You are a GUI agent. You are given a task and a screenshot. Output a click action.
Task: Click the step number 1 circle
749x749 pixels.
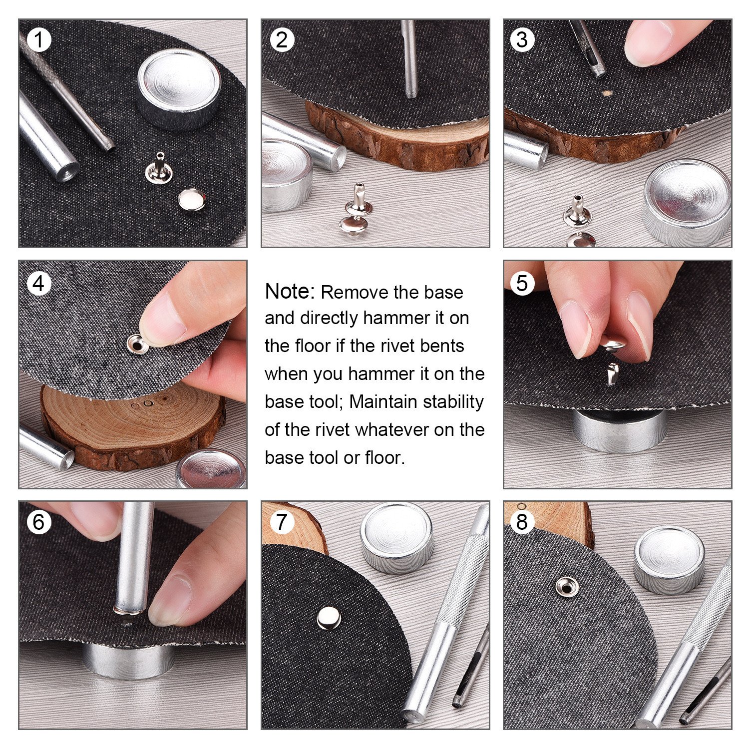pyautogui.click(x=39, y=39)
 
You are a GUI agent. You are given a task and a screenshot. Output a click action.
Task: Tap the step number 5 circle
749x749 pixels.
pyautogui.click(x=522, y=283)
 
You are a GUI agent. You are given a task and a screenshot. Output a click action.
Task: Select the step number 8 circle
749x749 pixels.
pyautogui.click(x=522, y=522)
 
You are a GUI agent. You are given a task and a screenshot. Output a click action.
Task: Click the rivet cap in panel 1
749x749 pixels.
pyautogui.click(x=191, y=200)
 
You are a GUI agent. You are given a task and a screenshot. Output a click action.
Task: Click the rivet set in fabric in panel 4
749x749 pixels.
pyautogui.click(x=136, y=344)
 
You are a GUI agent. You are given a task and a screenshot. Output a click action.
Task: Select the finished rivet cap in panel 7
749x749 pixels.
pyautogui.click(x=329, y=618)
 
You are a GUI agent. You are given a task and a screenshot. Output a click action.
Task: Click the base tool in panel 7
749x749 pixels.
pyautogui.click(x=397, y=537)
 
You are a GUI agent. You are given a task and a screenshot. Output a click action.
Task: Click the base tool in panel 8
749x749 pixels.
pyautogui.click(x=670, y=559)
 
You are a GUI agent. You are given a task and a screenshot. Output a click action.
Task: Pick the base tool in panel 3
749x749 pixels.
pyautogui.click(x=687, y=203)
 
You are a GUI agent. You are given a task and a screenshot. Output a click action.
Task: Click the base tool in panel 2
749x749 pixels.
pyautogui.click(x=286, y=175)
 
